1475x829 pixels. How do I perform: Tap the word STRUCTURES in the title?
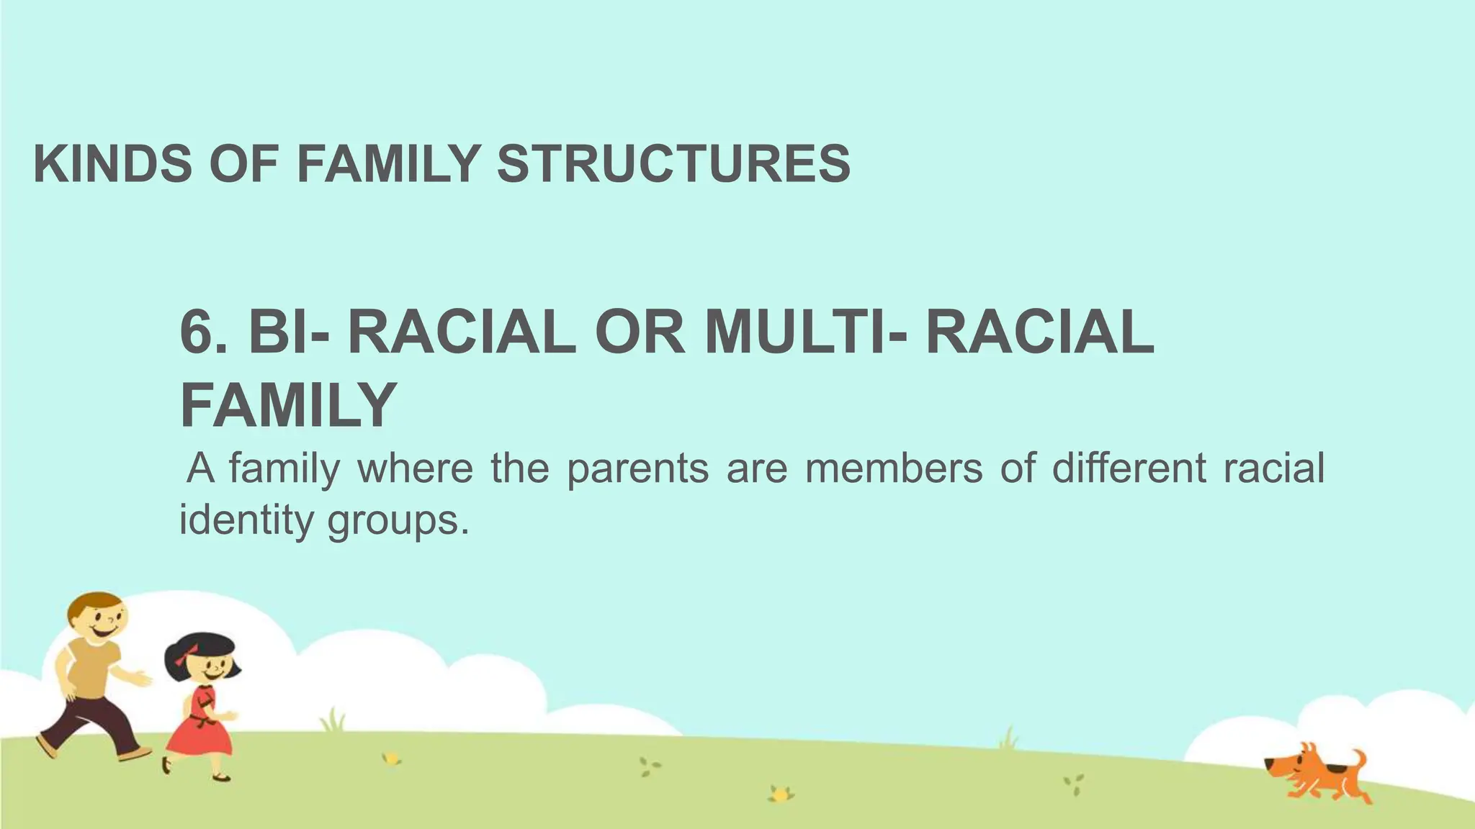(x=673, y=163)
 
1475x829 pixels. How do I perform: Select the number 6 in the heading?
(x=196, y=332)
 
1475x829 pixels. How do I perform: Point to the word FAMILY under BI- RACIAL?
(x=288, y=404)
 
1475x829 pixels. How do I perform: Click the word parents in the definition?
(x=637, y=469)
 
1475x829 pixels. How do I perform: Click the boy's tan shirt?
(x=90, y=669)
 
